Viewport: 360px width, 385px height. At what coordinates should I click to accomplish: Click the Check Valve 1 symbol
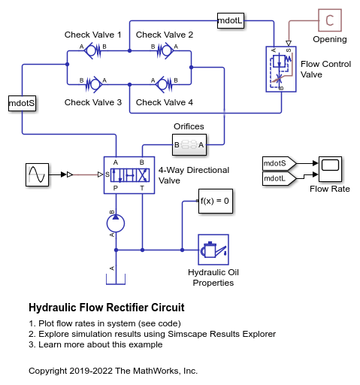92,51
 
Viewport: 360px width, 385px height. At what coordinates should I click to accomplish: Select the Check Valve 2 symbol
165,51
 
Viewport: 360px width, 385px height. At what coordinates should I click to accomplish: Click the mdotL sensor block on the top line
230,20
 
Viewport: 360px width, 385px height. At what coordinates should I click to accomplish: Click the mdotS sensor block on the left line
21,103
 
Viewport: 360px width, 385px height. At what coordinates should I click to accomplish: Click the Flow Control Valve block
280,69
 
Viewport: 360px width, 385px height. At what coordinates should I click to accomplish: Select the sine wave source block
38,175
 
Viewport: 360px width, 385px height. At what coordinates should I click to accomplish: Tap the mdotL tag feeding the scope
278,178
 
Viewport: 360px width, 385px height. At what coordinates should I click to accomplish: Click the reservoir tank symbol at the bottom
114,279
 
